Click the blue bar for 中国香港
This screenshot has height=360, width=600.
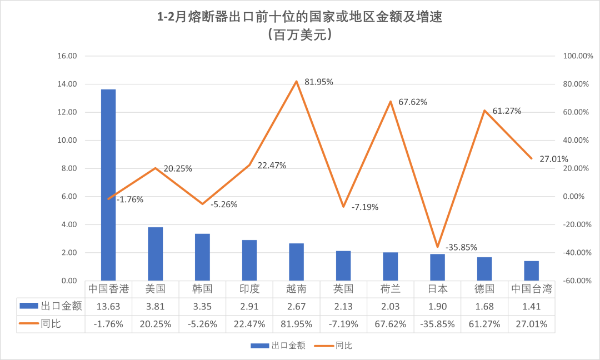(108, 184)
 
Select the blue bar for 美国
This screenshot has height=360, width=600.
(155, 254)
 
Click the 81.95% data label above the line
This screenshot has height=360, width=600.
(319, 82)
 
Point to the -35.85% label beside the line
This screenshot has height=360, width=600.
(461, 247)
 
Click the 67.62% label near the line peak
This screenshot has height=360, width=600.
(413, 102)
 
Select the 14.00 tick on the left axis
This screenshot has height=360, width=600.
(66, 84)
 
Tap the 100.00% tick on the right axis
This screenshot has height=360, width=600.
(578, 56)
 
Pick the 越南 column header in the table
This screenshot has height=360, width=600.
(296, 289)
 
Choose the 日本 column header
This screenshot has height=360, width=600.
(437, 289)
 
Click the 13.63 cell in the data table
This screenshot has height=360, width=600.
(108, 306)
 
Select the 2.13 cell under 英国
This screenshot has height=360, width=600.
(343, 306)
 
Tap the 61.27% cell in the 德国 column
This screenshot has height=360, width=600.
(484, 323)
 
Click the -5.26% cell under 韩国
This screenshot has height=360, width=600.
(202, 323)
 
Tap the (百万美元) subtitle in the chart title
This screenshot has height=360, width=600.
(299, 35)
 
